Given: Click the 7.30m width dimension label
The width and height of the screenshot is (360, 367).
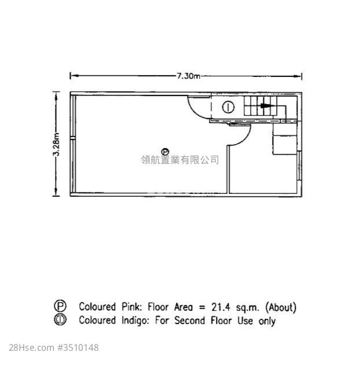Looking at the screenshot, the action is coord(188,76).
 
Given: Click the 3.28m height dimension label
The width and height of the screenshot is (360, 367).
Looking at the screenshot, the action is coord(56,144).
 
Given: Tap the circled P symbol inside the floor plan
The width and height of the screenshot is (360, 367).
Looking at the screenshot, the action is coord(166,152).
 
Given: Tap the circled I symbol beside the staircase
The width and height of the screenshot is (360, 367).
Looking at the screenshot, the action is coord(228,107).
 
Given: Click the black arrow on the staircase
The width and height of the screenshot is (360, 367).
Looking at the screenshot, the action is coord(267,105).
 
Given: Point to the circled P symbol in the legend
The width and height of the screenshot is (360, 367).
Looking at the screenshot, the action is coord(60,306).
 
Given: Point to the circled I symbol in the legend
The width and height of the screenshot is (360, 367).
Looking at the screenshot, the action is coord(60,320).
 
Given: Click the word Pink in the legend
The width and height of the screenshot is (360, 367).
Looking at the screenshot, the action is coord(131,307).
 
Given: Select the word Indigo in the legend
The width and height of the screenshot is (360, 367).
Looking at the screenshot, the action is coord(135,321).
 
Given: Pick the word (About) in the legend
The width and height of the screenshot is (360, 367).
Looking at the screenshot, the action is coord(281,307).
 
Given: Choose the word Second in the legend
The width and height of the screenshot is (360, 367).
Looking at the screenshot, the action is coord(190,321).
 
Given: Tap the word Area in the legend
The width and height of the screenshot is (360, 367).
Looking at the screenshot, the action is coord(183,307).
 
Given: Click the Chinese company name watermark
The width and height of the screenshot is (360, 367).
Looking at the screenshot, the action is coord(180,160).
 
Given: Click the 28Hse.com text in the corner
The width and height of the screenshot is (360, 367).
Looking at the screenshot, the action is coord(32,348).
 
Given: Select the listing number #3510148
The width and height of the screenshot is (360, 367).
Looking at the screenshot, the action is coord(78,348).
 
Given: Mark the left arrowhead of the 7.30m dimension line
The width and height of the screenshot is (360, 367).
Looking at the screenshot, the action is coord(74,76).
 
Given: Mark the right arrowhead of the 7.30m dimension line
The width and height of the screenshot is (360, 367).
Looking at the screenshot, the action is coord(297,76).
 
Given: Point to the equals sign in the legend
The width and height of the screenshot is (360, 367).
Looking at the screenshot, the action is coord(202,307).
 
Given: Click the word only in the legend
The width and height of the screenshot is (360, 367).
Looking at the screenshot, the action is coord(267,321).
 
